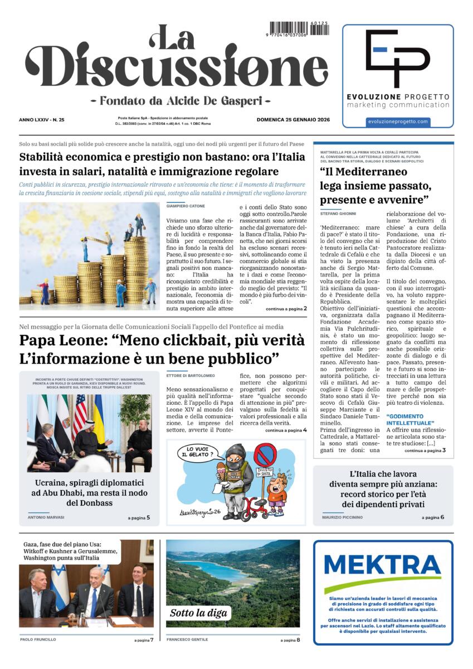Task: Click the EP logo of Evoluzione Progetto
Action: click(397, 58)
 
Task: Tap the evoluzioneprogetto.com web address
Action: click(398, 122)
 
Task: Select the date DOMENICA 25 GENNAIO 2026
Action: click(293, 119)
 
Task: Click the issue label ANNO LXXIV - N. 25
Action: click(42, 119)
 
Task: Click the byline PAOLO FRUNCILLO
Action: click(38, 639)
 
